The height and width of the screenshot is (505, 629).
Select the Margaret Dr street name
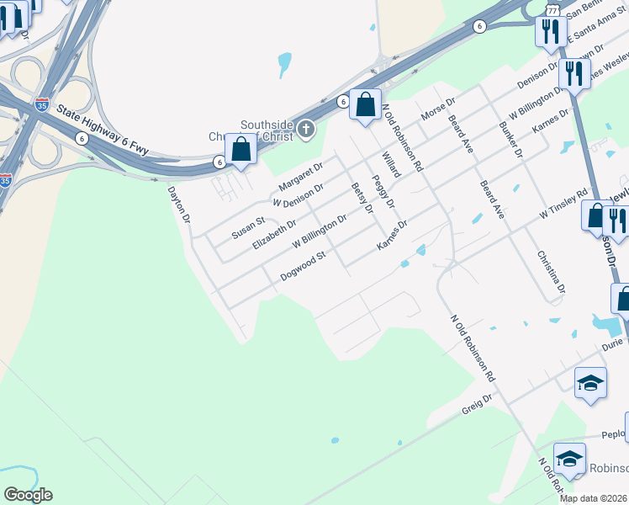pos(301,176)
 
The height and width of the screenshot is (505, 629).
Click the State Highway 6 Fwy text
pos(103,130)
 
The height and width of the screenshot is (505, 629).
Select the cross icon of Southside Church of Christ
pos(307,129)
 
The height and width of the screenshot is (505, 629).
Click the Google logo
pos(28,494)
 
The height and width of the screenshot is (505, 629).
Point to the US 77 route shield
pos(552,10)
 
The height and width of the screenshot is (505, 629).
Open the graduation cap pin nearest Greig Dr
pos(590,384)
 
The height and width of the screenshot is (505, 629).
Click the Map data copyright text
pos(594,498)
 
